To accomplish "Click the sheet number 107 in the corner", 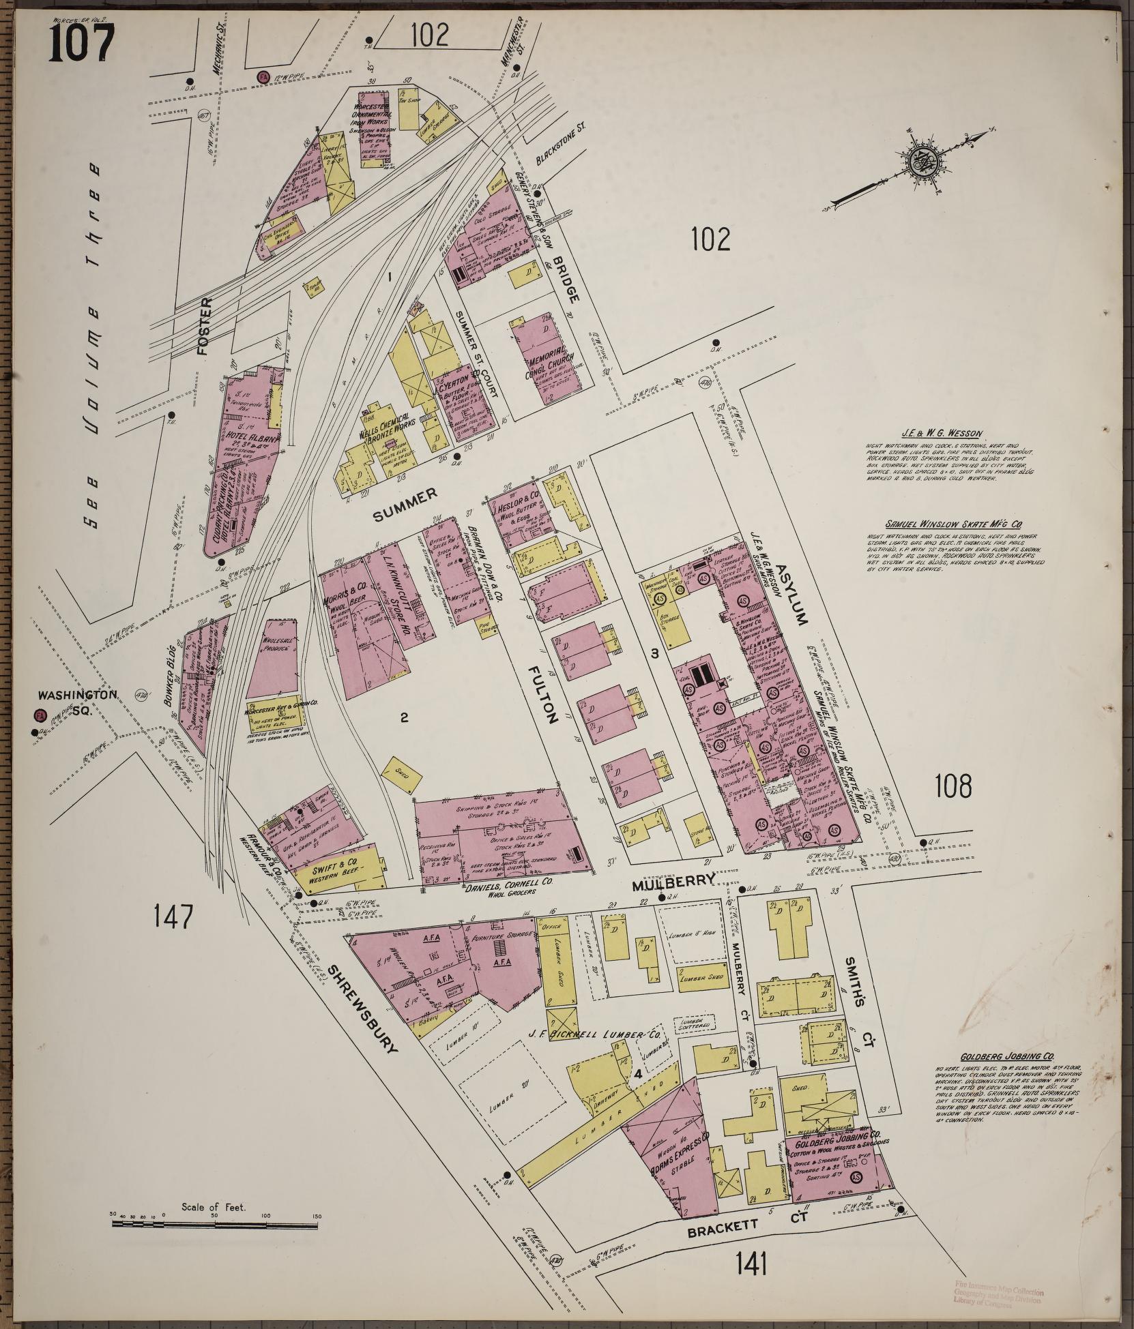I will click(x=81, y=41).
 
